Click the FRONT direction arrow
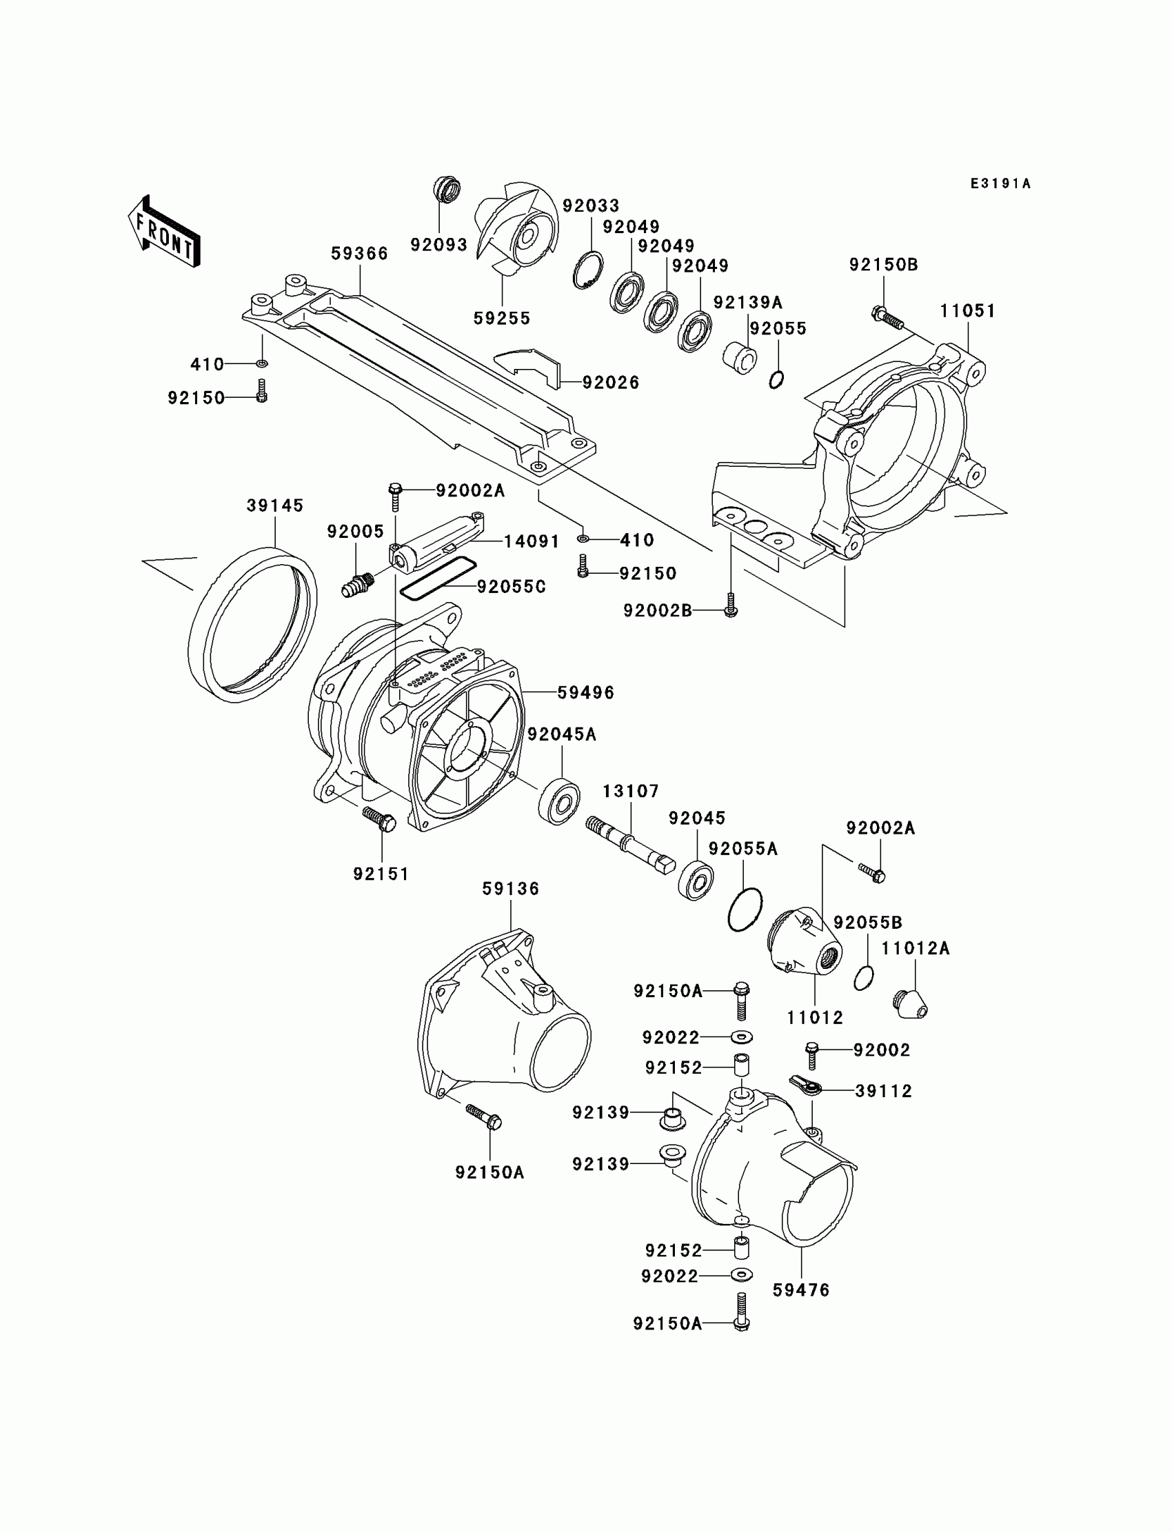tap(165, 232)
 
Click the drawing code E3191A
tap(1000, 184)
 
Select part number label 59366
tap(359, 254)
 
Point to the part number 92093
tap(438, 245)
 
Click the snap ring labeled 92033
tap(588, 272)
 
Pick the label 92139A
tap(747, 303)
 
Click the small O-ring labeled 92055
tap(776, 379)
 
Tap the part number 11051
tap(968, 311)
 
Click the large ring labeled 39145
tap(252, 625)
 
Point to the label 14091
tap(532, 541)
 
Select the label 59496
tap(585, 693)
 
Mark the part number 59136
tap(511, 889)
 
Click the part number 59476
tap(801, 1290)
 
